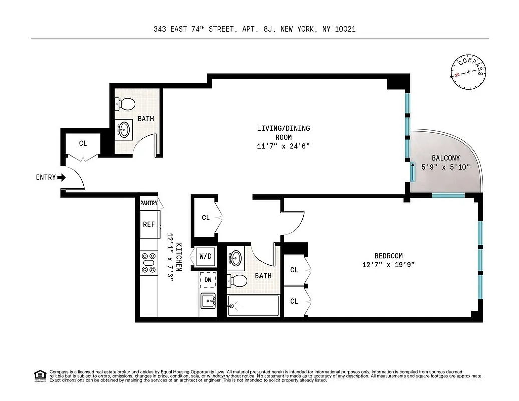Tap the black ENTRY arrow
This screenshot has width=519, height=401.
(61, 177)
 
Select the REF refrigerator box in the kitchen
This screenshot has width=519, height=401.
(149, 224)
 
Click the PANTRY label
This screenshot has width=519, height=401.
(149, 203)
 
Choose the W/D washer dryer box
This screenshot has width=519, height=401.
(206, 256)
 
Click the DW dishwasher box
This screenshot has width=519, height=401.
(208, 280)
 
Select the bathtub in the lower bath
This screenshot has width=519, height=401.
(253, 306)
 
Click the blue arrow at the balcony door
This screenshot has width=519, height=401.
(413, 172)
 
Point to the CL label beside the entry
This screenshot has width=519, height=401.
(83, 143)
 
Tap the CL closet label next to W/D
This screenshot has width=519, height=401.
(205, 218)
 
